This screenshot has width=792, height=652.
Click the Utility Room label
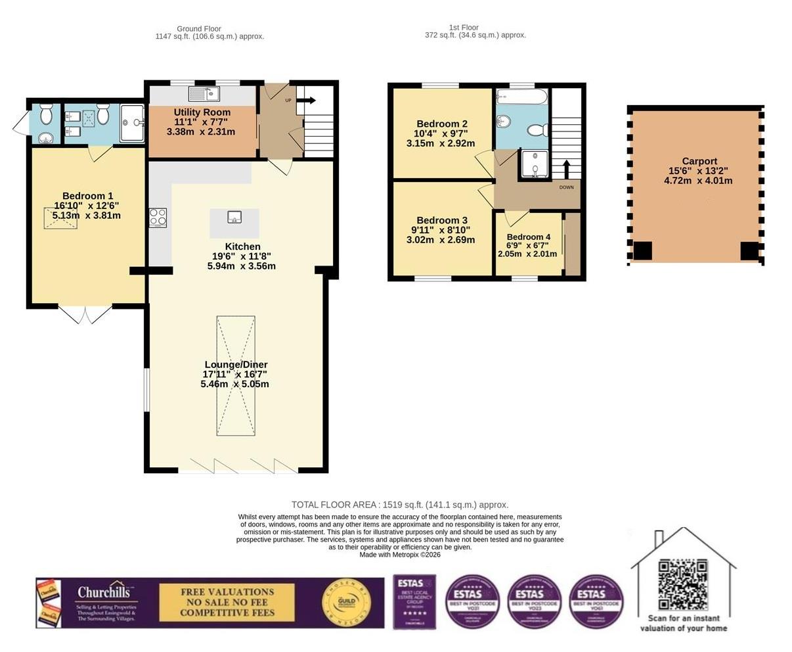pos(202,112)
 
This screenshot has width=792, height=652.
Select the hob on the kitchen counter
pos(158,217)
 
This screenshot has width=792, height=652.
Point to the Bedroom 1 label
pos(87,196)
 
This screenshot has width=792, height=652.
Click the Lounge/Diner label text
pos(236,365)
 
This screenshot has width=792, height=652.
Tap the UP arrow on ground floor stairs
pos(307,101)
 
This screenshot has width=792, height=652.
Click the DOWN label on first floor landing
pos(566,187)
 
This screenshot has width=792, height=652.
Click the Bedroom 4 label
pos(528,237)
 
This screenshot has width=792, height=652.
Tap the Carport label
pos(699,161)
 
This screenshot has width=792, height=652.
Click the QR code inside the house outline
pos(683,584)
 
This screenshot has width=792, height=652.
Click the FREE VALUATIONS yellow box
pos(227,602)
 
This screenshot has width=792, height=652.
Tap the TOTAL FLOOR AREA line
pos(400,505)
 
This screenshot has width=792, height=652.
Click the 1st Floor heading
pos(463,28)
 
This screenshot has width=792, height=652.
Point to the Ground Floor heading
pos(198,29)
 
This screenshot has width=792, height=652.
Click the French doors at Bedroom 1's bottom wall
pos(86,314)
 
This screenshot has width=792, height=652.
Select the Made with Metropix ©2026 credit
pos(400,555)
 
